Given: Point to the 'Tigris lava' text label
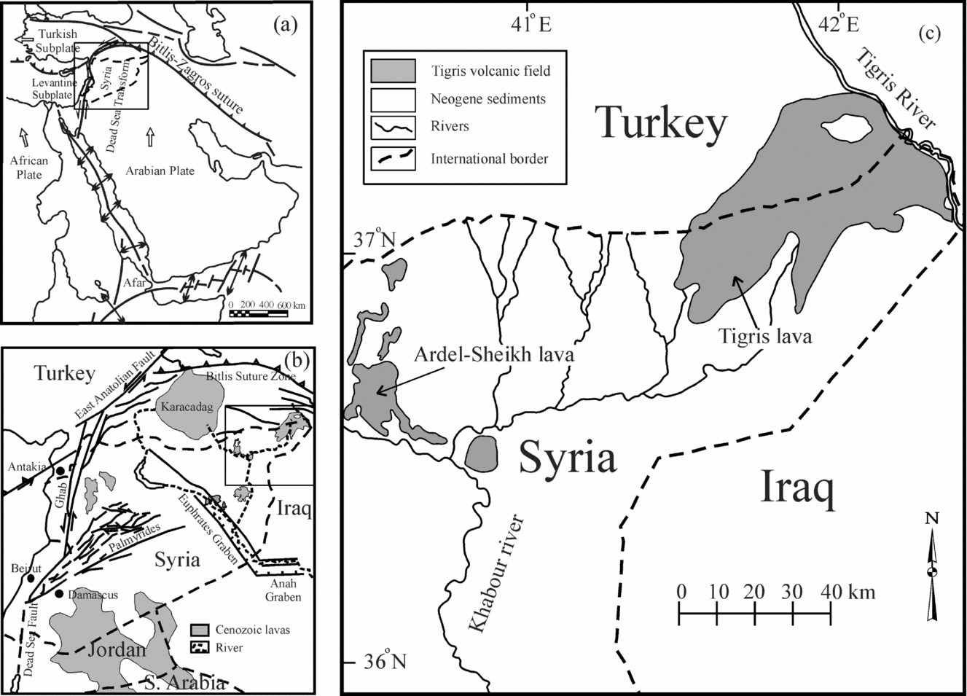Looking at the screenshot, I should point(765,336).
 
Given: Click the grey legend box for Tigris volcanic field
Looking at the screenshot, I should point(393,71).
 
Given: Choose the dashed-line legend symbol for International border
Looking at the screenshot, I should point(393,158).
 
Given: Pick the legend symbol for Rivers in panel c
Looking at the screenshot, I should point(393,127).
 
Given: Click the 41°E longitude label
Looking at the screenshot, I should point(531,24).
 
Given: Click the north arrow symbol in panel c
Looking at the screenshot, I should point(932,568).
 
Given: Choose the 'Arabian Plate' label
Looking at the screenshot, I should point(160,171).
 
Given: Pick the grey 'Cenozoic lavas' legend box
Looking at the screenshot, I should point(200,629).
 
